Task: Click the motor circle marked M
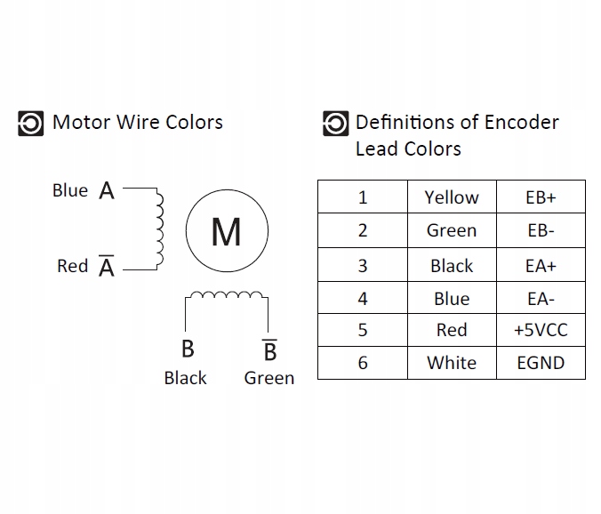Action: pyautogui.click(x=227, y=231)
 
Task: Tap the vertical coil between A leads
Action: pyautogui.click(x=160, y=228)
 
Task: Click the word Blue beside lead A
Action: pyautogui.click(x=70, y=190)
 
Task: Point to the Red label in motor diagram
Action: pyautogui.click(x=72, y=266)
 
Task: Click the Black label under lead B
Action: pyautogui.click(x=185, y=378)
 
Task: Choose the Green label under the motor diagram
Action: pyautogui.click(x=268, y=378)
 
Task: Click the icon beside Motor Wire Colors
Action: pyautogui.click(x=30, y=123)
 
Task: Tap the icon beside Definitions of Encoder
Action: pyautogui.click(x=335, y=123)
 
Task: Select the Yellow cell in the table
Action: pyautogui.click(x=452, y=197)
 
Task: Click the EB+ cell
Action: pyautogui.click(x=541, y=197)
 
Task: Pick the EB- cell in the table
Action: pyautogui.click(x=541, y=231)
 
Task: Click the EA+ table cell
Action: pyautogui.click(x=541, y=265)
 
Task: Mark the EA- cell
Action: pyautogui.click(x=541, y=299)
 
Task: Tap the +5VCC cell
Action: pyautogui.click(x=541, y=331)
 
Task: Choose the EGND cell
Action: pyautogui.click(x=541, y=363)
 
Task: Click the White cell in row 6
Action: pyautogui.click(x=452, y=363)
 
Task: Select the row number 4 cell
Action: pyautogui.click(x=362, y=299)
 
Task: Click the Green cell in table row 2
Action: pyautogui.click(x=452, y=231)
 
